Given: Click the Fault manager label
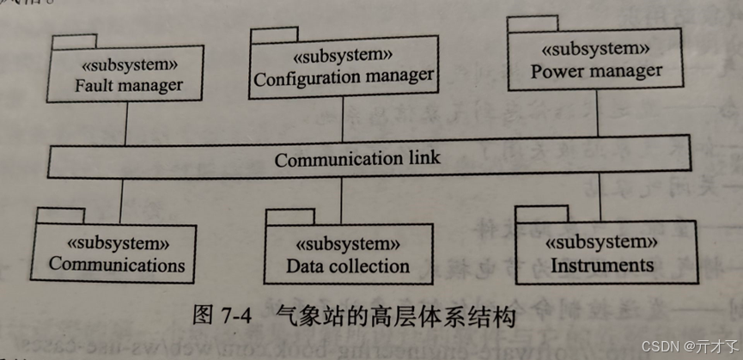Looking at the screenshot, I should (128, 85).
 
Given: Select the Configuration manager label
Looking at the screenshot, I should (344, 77).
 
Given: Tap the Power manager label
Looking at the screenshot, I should (596, 70).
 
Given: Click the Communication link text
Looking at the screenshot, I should (357, 159).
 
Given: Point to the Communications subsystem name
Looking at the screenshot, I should (117, 264).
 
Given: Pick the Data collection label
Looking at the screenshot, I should (348, 266).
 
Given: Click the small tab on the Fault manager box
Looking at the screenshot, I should (74, 40).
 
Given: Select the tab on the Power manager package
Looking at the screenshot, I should (531, 23).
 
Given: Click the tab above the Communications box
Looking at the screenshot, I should (59, 213).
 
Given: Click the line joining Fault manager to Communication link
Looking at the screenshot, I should (126, 121).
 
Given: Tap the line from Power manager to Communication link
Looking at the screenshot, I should (595, 111).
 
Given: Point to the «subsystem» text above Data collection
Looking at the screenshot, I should (347, 245).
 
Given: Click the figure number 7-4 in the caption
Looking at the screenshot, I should (231, 316).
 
